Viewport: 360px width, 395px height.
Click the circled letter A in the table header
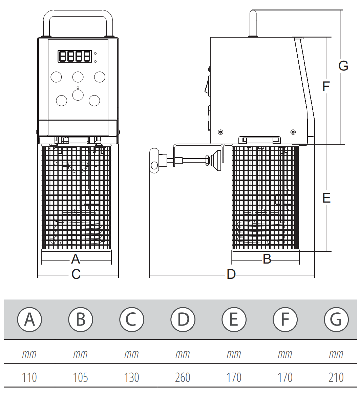point(29,319)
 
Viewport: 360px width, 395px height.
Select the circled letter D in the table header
point(183,319)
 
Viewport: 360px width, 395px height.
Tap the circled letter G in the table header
point(336,319)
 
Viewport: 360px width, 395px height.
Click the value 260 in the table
point(183,377)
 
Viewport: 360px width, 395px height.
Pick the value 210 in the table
point(336,377)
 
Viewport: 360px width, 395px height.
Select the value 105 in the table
point(81,377)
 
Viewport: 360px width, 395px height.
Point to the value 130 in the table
point(131,377)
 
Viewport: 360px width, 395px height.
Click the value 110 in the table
point(29,377)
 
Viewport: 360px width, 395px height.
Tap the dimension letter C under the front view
point(76,274)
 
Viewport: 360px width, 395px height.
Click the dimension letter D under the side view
point(231,274)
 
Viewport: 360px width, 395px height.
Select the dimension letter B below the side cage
point(267,259)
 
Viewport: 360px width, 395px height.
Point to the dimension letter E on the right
point(326,198)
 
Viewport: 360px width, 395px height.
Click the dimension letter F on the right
point(326,87)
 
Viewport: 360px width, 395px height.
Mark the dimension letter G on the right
point(343,66)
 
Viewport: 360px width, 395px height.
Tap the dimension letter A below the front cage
point(76,259)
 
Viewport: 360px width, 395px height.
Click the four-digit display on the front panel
point(75,56)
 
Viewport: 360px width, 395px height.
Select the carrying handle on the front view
point(78,14)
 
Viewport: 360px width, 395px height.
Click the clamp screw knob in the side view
point(154,161)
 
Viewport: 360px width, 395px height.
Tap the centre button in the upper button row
point(78,77)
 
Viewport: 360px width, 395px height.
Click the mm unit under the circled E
point(234,354)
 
